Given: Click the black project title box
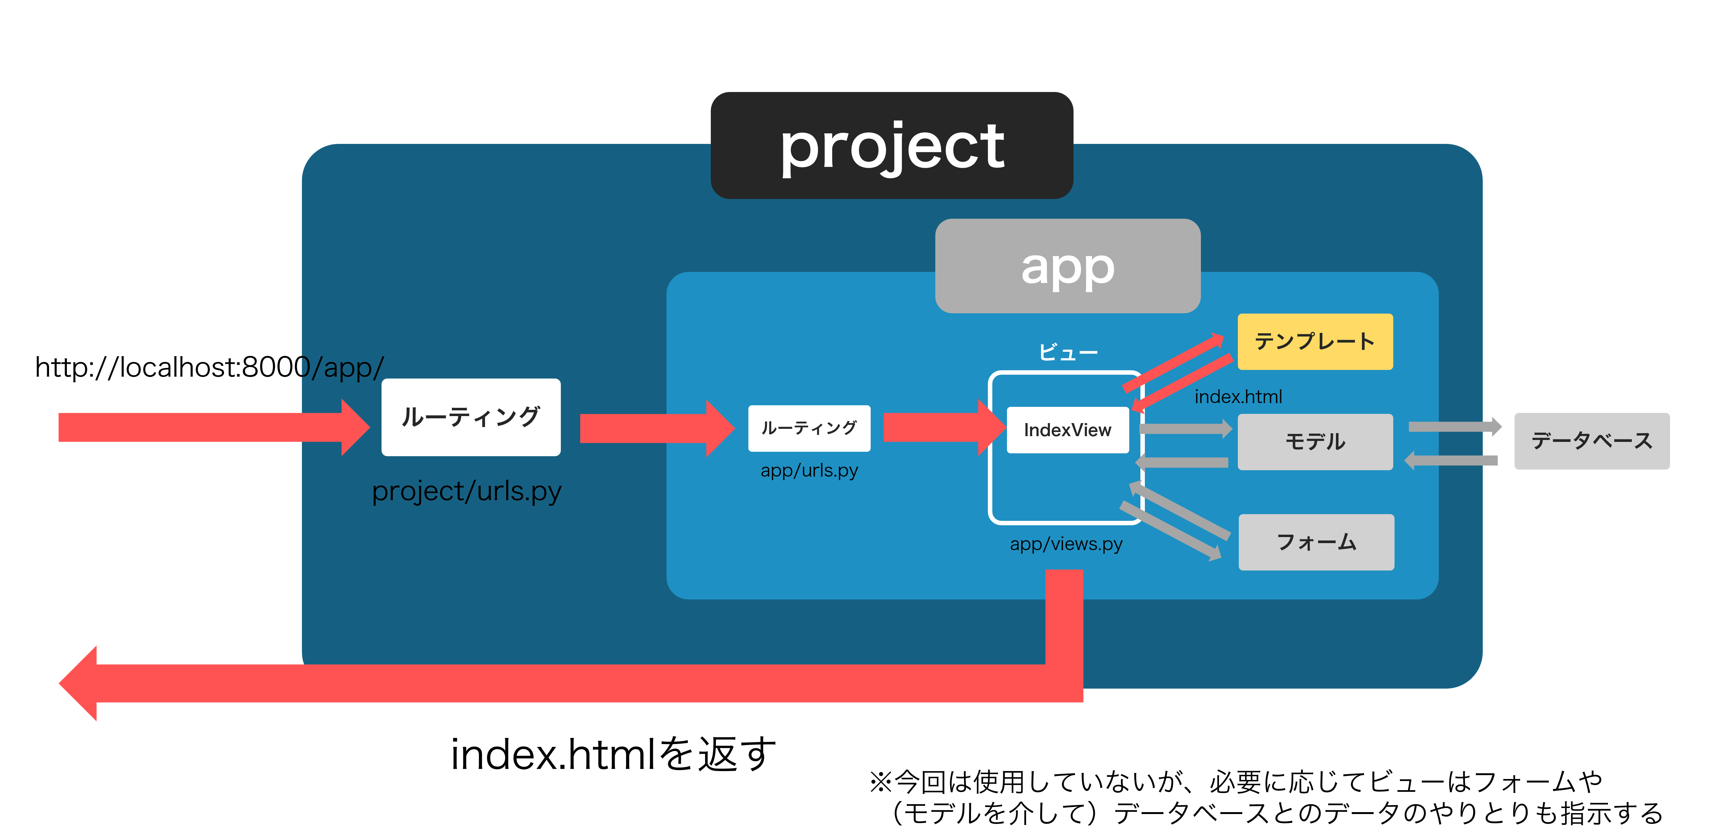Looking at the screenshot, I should (891, 145).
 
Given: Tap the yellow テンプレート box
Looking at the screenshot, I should (1315, 341).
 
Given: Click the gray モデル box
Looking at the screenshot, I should (1315, 441).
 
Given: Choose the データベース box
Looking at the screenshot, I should (1591, 441).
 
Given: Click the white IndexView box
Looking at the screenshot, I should (1067, 430).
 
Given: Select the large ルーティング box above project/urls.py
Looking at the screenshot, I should (471, 417).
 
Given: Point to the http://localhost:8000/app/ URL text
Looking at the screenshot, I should (209, 367).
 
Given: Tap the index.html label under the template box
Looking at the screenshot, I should (1238, 397).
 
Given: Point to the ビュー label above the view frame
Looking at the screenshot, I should (1068, 352).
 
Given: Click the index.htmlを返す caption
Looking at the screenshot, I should (613, 755).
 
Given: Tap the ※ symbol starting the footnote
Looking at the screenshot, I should (880, 781).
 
